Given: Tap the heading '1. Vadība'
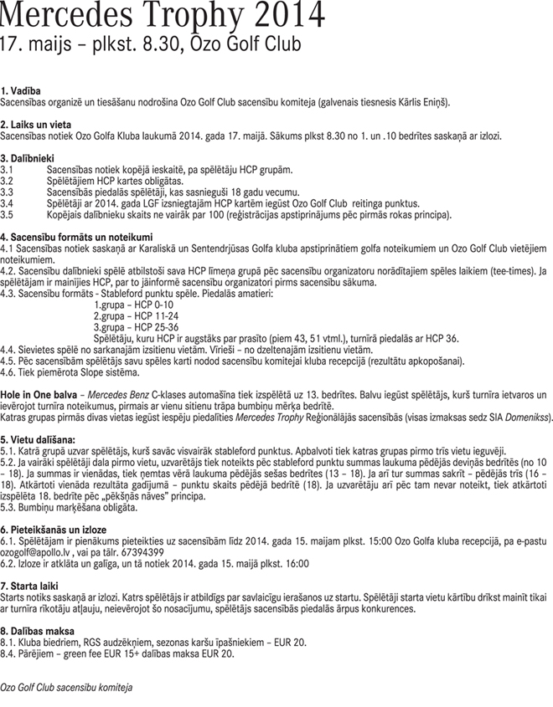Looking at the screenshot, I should pos(22,90).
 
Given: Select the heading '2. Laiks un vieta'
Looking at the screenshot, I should pos(36,123).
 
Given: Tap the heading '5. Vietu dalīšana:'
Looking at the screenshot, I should pos(38,438).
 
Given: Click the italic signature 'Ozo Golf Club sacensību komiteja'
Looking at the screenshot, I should pos(67,685).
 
